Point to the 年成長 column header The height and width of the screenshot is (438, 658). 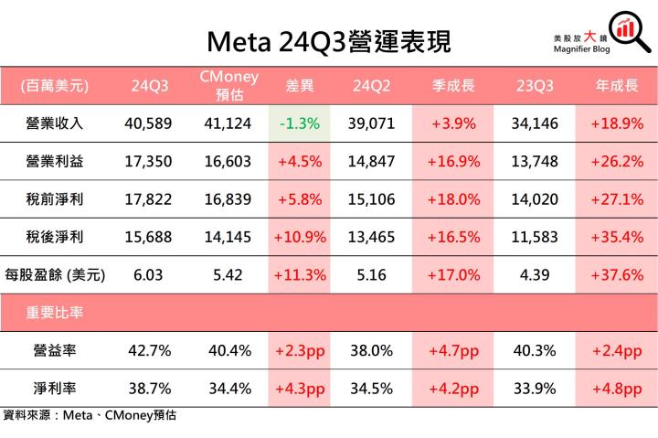coord(616,86)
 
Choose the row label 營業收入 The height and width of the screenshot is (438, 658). coord(56,123)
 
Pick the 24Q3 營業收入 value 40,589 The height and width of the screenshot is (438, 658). coord(148,123)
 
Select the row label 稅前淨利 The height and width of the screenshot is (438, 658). coord(56,198)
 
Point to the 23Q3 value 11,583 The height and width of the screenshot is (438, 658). coord(535,237)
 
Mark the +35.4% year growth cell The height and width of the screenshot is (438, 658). coord(616,237)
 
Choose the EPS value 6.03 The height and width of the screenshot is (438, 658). coord(148,274)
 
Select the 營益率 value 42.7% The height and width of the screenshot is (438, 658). coord(148,350)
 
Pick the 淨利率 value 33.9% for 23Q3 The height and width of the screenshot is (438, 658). coord(535,388)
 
